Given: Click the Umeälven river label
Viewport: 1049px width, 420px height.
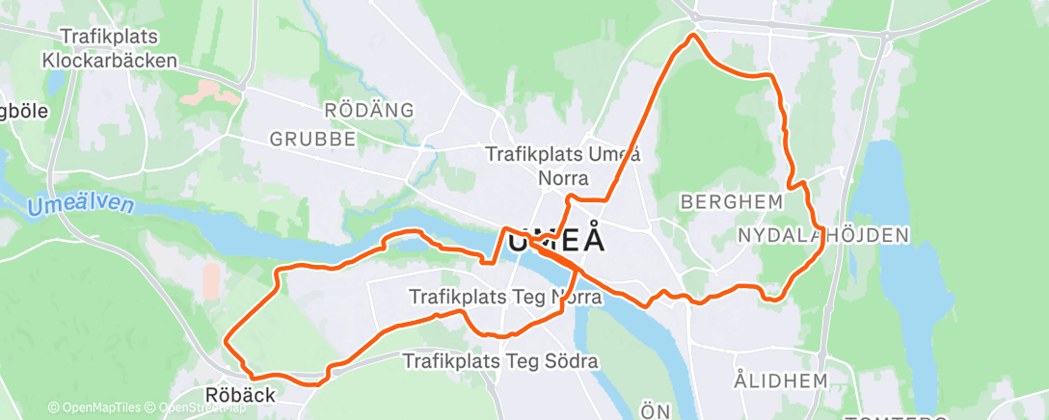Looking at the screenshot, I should tap(82, 205).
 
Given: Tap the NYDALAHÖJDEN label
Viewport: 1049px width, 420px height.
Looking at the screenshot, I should tap(822, 235).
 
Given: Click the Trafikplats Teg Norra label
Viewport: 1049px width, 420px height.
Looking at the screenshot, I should tap(505, 298).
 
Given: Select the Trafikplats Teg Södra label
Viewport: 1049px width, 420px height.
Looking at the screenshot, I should tap(500, 362).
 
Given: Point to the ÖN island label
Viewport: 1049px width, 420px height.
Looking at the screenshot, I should tap(656, 412).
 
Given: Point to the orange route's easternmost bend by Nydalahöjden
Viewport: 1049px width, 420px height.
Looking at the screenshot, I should tap(821, 243).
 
